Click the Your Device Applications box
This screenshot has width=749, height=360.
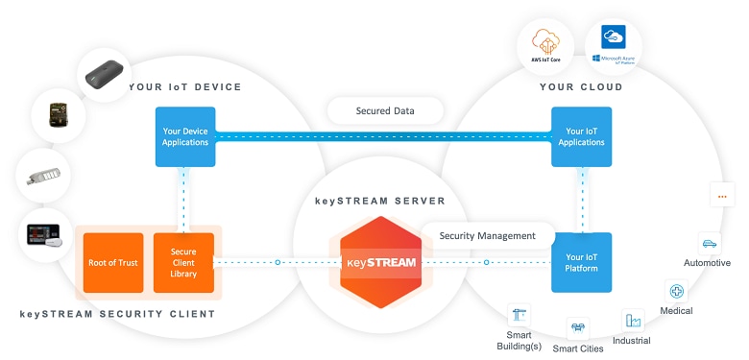click(184, 135)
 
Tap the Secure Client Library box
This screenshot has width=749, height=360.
click(183, 261)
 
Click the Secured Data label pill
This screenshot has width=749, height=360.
click(385, 110)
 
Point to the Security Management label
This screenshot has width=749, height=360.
click(487, 235)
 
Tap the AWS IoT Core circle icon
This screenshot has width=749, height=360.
click(544, 47)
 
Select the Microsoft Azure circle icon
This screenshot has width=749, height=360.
click(614, 44)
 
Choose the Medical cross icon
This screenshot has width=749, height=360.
click(677, 291)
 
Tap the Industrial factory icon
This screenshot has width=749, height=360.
click(632, 321)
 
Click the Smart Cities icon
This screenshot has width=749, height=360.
click(578, 328)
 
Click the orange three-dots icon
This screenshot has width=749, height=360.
click(721, 196)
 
